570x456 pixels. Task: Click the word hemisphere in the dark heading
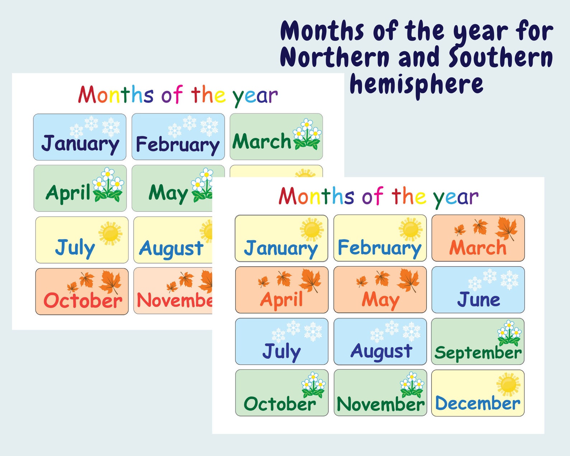pyautogui.click(x=416, y=85)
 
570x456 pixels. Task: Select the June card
pyautogui.click(x=478, y=290)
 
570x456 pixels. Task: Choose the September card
pyautogui.click(x=478, y=341)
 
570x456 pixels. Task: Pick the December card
pyautogui.click(x=478, y=393)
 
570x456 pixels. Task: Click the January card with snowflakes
pyautogui.click(x=80, y=137)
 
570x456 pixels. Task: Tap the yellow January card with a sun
pyautogui.click(x=281, y=238)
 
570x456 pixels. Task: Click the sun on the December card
pyautogui.click(x=508, y=384)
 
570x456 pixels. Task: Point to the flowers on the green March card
pyautogui.click(x=307, y=134)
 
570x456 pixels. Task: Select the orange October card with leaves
pyautogui.click(x=82, y=292)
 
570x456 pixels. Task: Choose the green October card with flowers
pyautogui.click(x=282, y=393)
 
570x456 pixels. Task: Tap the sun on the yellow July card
pyautogui.click(x=110, y=233)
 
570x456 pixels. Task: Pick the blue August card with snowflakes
pyautogui.click(x=380, y=341)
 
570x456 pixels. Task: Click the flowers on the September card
pyautogui.click(x=509, y=333)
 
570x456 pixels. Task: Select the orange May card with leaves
pyautogui.click(x=380, y=290)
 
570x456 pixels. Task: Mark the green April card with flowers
pyautogui.click(x=80, y=188)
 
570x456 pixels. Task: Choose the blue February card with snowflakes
pyautogui.click(x=178, y=137)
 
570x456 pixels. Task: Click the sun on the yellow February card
pyautogui.click(x=410, y=229)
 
